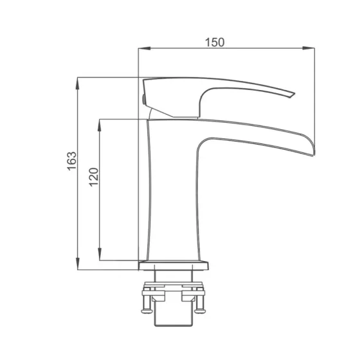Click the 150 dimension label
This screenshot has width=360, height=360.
coord(215,42)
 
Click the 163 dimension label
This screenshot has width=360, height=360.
coord(72,161)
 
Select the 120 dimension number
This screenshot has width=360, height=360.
coord(94,177)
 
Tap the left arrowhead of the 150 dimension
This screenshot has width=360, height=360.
coord(145,48)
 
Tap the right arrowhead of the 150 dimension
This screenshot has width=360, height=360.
coord(309,48)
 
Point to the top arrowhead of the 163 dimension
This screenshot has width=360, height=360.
coord(78,84)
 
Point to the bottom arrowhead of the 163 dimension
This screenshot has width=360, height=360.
coord(78,264)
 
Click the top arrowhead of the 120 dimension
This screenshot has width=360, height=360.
coord(100,125)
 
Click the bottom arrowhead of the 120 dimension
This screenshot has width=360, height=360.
coord(100,254)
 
